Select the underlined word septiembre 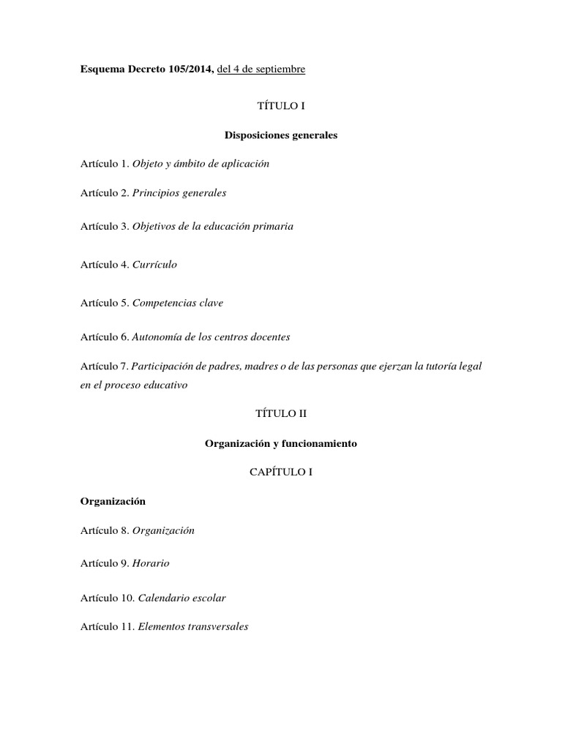click(x=280, y=69)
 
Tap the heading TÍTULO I click(x=280, y=106)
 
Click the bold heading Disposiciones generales click(x=280, y=135)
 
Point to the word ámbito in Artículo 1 click(x=194, y=164)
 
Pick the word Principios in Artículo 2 click(x=155, y=194)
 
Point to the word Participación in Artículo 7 click(x=162, y=366)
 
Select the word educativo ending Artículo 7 click(x=164, y=385)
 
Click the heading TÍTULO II click(x=280, y=413)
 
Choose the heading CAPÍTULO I click(x=280, y=473)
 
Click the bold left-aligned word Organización click(x=113, y=502)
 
